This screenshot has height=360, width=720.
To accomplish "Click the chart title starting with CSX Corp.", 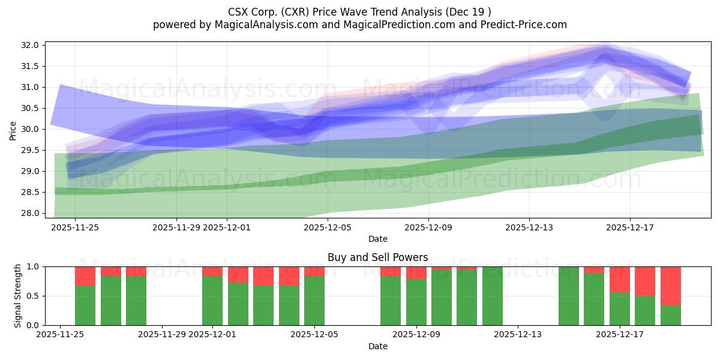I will [359, 12].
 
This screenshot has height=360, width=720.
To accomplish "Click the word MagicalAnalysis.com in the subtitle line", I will [261, 25].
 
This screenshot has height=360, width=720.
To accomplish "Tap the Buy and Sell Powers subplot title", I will [377, 257].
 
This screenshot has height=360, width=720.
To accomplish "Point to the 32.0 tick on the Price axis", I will [32, 45].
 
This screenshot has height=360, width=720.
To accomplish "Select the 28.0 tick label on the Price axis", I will [32, 213].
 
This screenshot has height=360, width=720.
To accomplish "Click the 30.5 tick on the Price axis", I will [32, 108].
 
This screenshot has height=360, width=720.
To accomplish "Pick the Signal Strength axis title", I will [18, 296].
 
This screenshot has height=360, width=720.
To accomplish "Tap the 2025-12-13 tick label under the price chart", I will [529, 227].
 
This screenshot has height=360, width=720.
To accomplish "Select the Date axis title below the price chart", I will [377, 239].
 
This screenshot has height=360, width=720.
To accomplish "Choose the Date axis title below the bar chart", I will [377, 346].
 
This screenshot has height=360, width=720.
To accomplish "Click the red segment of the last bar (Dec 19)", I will [670, 286].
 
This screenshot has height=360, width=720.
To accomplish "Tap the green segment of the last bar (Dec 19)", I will [670, 316].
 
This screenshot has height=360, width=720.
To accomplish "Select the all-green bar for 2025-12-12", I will [493, 296].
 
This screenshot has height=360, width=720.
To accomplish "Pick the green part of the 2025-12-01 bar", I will [212, 301].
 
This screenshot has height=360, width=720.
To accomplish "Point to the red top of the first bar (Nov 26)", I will [85, 276].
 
